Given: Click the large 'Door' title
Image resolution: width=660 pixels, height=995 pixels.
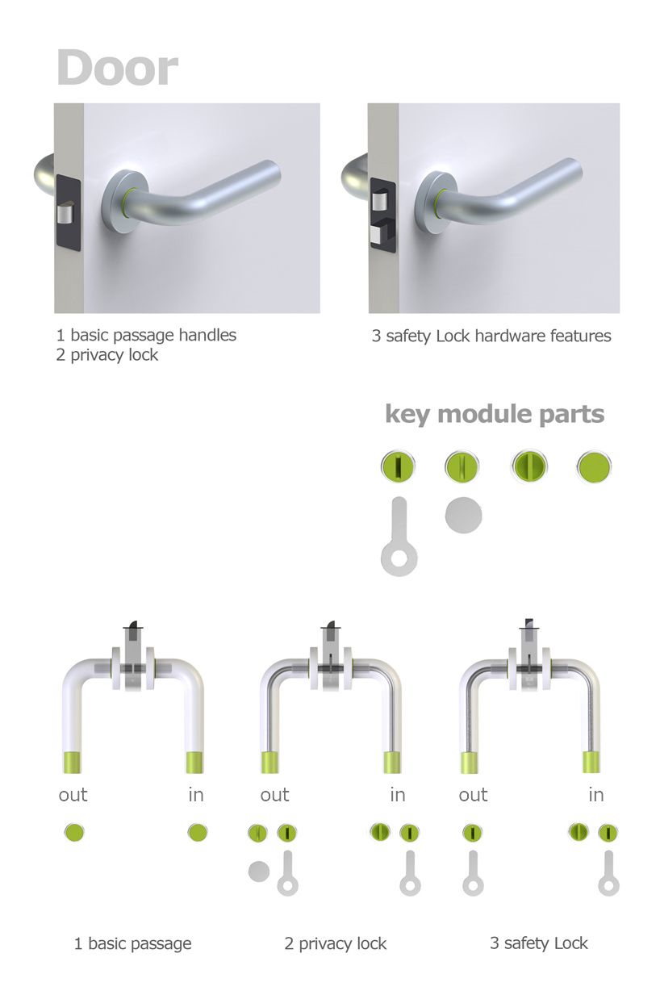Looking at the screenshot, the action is (118, 68).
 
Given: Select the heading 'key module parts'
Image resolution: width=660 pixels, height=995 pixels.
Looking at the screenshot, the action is (495, 415).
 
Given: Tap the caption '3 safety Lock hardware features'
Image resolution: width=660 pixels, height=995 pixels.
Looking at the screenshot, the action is (491, 336).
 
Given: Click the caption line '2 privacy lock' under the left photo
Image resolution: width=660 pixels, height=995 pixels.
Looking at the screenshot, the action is (107, 355).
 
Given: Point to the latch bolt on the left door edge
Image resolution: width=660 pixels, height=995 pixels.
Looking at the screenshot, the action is (65, 212).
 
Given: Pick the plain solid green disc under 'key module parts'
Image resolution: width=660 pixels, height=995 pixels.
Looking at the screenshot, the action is (594, 467).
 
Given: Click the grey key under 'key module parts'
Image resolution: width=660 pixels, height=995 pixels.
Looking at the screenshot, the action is (399, 537).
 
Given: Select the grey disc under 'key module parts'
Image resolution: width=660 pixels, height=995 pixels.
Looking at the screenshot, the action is (463, 516).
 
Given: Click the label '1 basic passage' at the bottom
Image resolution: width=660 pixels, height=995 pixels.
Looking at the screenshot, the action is (133, 943).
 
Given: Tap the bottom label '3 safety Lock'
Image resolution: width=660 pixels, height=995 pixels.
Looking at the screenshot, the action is (539, 943).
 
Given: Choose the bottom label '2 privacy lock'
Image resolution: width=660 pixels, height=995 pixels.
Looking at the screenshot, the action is (336, 943).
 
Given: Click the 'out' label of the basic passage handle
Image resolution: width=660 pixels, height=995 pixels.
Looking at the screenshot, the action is (73, 795).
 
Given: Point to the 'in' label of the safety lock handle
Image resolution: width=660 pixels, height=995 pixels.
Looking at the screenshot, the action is (596, 794).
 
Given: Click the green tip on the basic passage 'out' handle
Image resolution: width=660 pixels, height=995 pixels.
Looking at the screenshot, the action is (73, 763).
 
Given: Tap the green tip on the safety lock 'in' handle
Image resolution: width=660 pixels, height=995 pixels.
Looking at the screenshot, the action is (591, 762).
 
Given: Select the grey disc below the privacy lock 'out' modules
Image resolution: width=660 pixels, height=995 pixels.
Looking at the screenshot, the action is (259, 872).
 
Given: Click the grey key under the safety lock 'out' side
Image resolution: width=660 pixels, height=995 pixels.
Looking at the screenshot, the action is (473, 873).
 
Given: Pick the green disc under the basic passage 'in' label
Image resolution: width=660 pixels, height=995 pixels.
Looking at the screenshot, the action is (197, 832).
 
